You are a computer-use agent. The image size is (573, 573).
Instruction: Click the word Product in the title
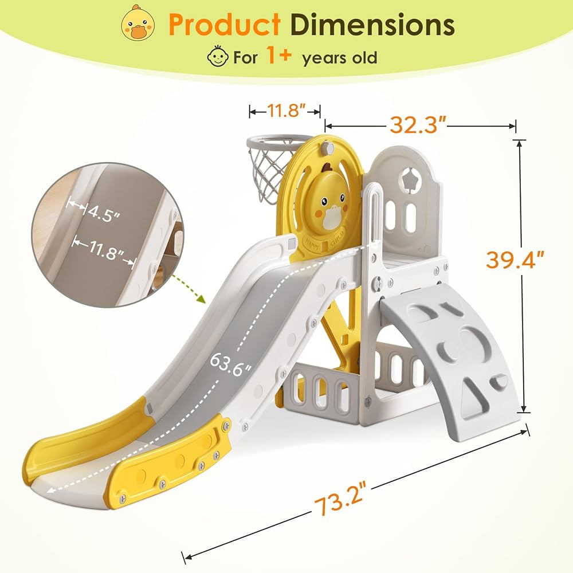point(225,24)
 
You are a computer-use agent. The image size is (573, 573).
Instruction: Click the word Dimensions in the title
point(372,24)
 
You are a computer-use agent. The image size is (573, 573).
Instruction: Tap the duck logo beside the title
point(138,22)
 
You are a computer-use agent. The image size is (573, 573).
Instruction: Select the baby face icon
point(218,56)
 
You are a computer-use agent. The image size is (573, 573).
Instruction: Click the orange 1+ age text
point(279,55)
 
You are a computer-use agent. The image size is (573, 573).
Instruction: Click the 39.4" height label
point(515,260)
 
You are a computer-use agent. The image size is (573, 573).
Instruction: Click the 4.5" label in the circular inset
point(104,214)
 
